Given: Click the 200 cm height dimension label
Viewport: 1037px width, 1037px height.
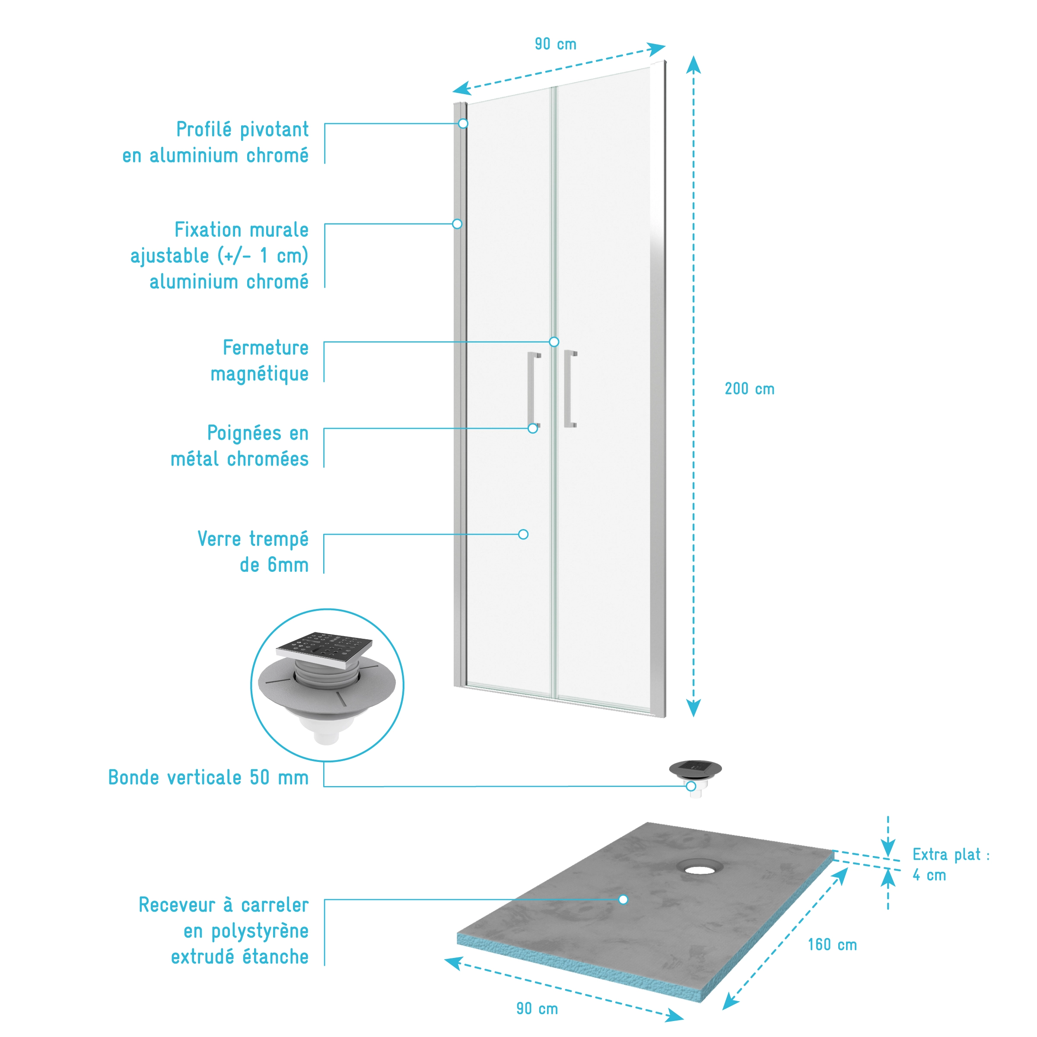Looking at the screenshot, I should tap(749, 389).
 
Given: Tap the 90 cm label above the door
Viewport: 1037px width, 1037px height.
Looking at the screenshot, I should tap(555, 44).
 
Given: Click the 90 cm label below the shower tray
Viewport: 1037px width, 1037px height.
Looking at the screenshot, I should tap(537, 1008).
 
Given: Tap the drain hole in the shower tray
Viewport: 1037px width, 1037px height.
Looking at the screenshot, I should tap(699, 867).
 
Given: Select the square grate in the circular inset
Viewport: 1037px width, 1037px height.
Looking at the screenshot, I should tap(325, 650).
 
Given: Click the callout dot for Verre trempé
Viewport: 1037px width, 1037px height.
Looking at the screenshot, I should tap(523, 534).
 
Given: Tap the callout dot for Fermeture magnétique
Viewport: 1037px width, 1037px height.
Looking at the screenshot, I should tap(553, 342).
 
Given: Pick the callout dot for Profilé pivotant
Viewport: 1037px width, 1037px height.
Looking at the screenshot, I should tap(463, 124).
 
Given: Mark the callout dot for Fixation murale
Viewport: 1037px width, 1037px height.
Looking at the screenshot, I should tap(457, 224).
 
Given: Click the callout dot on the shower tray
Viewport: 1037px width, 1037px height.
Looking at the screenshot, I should tap(623, 900).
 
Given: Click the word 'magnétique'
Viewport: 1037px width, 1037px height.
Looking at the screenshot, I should tap(259, 374).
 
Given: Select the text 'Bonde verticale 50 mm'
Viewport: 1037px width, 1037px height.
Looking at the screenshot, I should tap(208, 777).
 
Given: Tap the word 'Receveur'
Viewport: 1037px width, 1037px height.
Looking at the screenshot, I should tap(177, 904).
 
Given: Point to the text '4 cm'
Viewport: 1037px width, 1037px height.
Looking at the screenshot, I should tap(929, 875).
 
